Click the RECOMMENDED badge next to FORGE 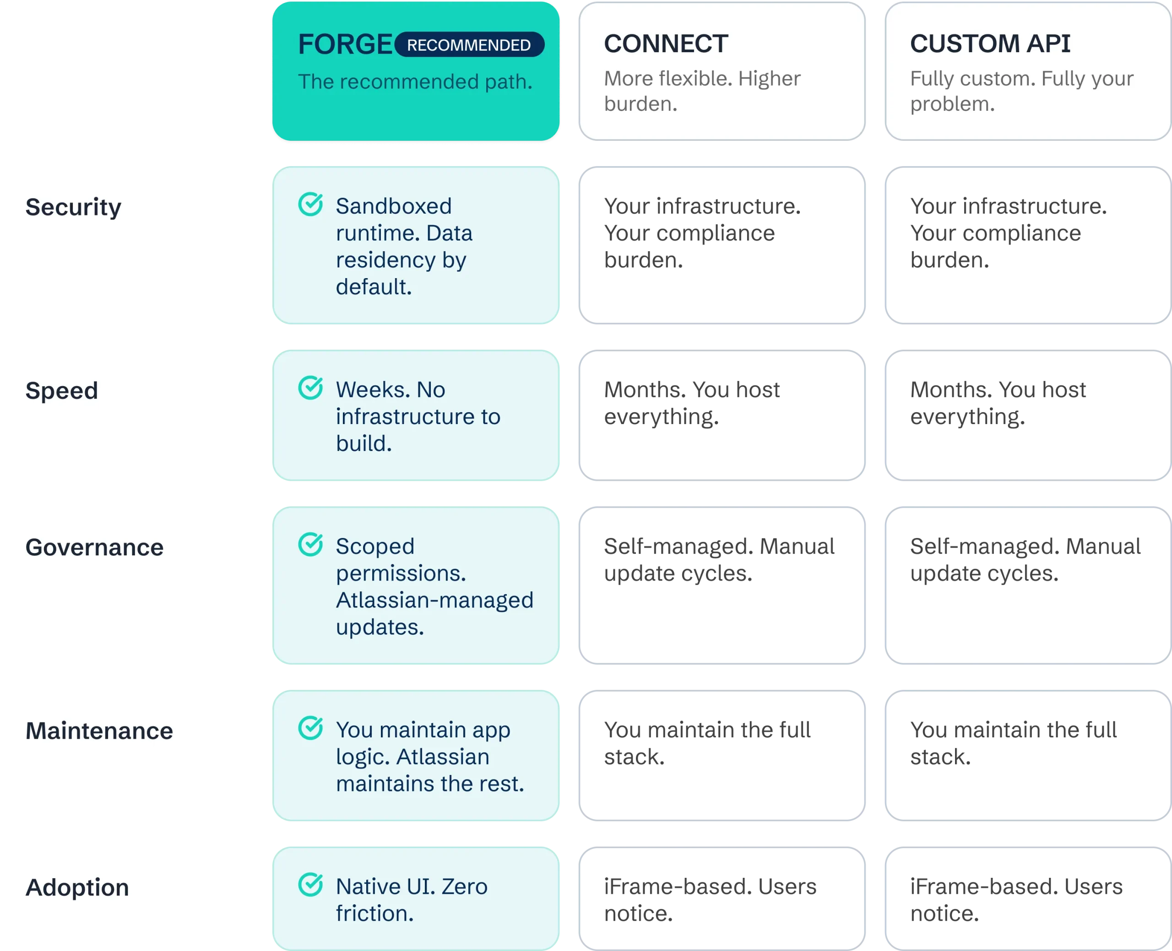[x=469, y=44]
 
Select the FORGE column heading [x=345, y=44]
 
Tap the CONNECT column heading [x=666, y=43]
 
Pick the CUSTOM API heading [x=990, y=43]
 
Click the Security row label [x=73, y=208]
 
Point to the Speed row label [x=62, y=391]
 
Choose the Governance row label [x=94, y=547]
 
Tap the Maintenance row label [x=99, y=731]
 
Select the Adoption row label [x=77, y=887]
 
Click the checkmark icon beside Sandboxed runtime [x=311, y=204]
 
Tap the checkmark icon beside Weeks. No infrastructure [x=311, y=388]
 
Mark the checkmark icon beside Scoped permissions [x=311, y=544]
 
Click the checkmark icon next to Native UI [x=311, y=885]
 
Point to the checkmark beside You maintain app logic [x=311, y=728]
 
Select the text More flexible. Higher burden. [x=702, y=91]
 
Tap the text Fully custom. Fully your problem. [x=1022, y=91]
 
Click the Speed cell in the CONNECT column [x=722, y=415]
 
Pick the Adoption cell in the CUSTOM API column [x=1028, y=899]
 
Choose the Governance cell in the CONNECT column [x=722, y=585]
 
